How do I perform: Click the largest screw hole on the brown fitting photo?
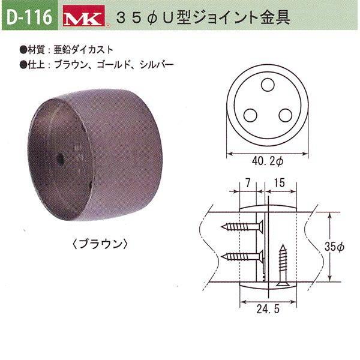(61, 158)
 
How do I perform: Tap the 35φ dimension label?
(335, 247)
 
